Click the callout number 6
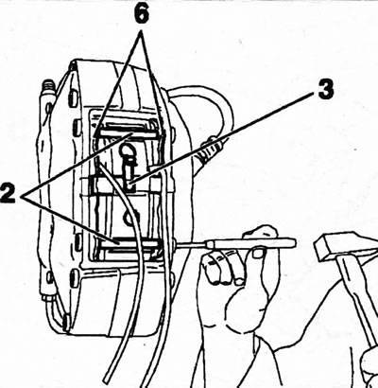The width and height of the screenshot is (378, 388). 142,13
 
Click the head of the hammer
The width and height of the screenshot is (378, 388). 344,247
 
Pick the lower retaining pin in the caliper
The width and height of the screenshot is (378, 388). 129,243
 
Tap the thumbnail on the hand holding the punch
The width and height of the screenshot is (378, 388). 258,253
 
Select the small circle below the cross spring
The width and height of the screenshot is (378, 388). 129,218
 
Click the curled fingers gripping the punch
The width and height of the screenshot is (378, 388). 220,268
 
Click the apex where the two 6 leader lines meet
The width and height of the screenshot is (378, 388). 142,31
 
